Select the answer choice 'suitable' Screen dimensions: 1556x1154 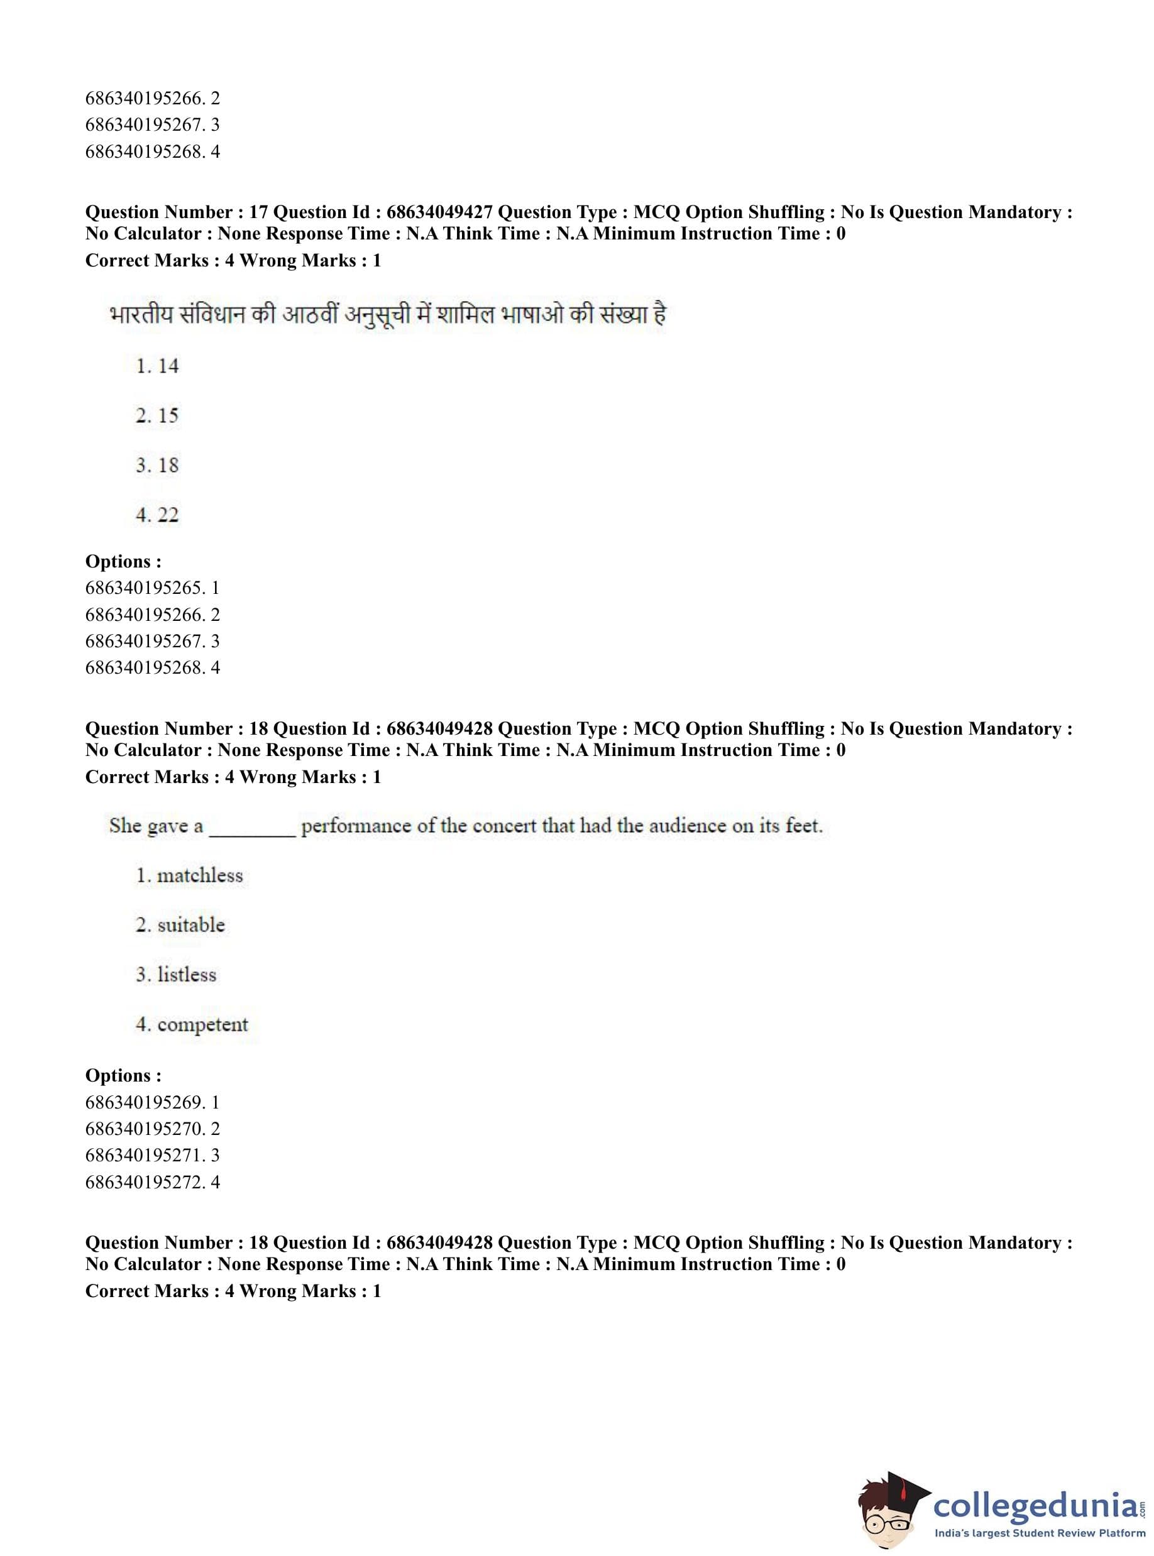190,924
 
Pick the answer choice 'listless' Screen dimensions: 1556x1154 187,974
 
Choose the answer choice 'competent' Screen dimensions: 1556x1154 202,1024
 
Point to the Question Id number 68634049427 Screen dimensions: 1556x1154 439,212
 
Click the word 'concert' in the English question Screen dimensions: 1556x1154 504,826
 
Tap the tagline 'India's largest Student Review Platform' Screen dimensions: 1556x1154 1040,1533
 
